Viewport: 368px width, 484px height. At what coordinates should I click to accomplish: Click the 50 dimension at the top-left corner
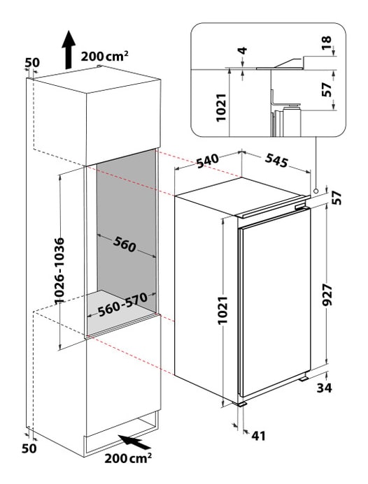[x=32, y=63]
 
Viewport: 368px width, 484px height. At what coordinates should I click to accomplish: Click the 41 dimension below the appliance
[x=259, y=436]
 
